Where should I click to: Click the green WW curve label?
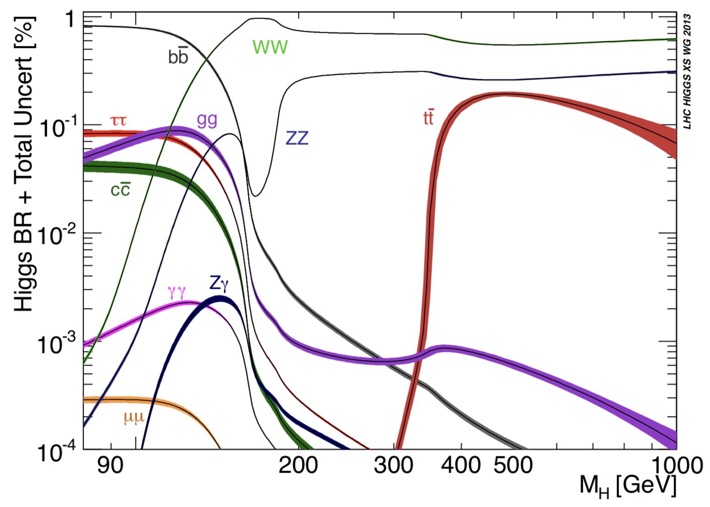click(270, 47)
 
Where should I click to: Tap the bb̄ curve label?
click(178, 57)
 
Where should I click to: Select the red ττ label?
click(119, 121)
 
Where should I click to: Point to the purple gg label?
click(207, 120)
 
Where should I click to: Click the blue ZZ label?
click(297, 138)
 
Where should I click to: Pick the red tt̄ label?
click(428, 117)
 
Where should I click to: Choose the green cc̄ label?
click(121, 190)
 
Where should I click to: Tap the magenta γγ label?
click(176, 291)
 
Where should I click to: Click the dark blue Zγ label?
click(219, 283)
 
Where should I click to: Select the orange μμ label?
click(134, 417)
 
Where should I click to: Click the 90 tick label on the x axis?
click(110, 465)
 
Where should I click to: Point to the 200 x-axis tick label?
click(298, 465)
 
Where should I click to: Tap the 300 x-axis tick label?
click(393, 465)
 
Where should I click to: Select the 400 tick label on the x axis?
click(460, 465)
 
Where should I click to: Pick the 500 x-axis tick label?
click(513, 465)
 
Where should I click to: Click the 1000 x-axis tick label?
click(676, 465)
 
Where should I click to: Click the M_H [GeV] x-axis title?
click(628, 486)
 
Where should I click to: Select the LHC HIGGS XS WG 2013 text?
click(687, 71)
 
